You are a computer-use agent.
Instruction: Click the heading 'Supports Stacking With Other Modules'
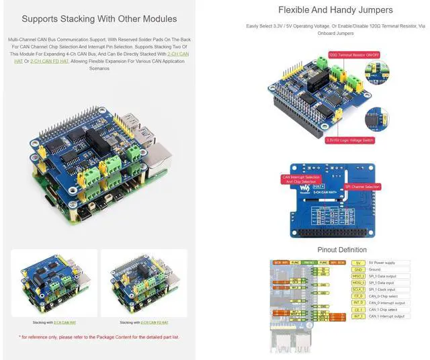[99, 19]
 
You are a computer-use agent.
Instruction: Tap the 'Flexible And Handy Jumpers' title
[335, 10]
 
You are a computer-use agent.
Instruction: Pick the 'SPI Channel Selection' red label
[362, 186]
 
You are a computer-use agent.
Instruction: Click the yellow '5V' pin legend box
[359, 263]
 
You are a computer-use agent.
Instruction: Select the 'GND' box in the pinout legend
[359, 269]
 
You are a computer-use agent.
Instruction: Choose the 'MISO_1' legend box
[359, 276]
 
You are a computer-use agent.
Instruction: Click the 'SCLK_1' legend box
[359, 289]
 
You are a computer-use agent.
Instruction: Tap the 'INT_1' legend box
[359, 316]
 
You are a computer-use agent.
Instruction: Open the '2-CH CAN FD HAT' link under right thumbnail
[154, 322]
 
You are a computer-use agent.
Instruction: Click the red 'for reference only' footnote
[99, 336]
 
